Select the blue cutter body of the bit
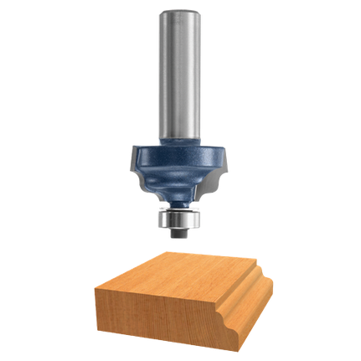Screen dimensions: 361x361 pyautogui.click(x=179, y=168)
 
